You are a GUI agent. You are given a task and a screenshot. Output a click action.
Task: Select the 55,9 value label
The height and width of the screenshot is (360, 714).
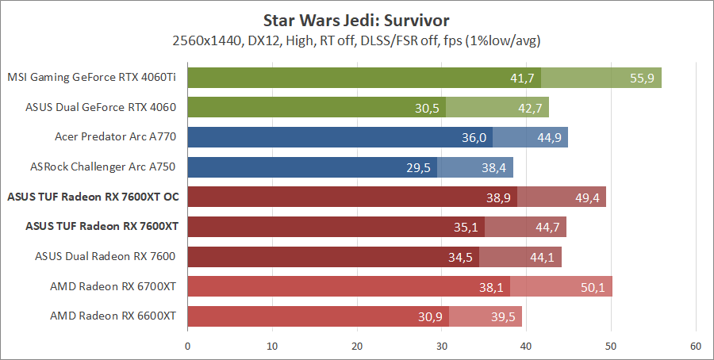pos(642,78)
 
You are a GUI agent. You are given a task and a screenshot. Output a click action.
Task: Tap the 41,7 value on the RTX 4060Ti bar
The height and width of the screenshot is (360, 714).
pos(521,78)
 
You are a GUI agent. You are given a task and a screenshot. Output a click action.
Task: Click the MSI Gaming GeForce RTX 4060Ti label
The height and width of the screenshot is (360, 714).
pos(91,78)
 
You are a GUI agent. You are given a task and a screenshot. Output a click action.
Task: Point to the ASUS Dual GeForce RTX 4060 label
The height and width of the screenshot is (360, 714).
pos(101,107)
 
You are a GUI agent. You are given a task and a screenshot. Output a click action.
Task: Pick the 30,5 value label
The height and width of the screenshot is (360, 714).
pos(426,107)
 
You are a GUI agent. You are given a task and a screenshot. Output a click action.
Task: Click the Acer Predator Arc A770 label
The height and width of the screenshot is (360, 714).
pos(116,136)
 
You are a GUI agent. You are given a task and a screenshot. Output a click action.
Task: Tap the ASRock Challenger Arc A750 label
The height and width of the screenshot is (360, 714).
pos(104,166)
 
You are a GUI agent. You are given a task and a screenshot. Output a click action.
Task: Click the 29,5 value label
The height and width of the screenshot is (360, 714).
pos(418,167)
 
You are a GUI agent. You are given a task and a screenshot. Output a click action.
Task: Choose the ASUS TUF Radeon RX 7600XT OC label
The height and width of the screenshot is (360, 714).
pos(91,197)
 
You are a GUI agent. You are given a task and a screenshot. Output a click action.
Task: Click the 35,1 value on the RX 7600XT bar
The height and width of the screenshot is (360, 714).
pos(466,227)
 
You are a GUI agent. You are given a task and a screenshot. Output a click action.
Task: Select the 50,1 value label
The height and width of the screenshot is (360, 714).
pos(593,286)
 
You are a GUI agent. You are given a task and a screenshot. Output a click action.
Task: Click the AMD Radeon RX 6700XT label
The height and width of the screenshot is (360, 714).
pos(113,285)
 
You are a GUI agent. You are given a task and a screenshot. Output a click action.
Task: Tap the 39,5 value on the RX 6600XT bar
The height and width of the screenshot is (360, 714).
pos(503,316)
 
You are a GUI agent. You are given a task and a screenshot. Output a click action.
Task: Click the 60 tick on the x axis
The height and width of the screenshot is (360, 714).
pos(696,346)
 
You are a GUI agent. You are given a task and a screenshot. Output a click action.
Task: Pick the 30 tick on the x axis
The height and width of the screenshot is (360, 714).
pos(442,346)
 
